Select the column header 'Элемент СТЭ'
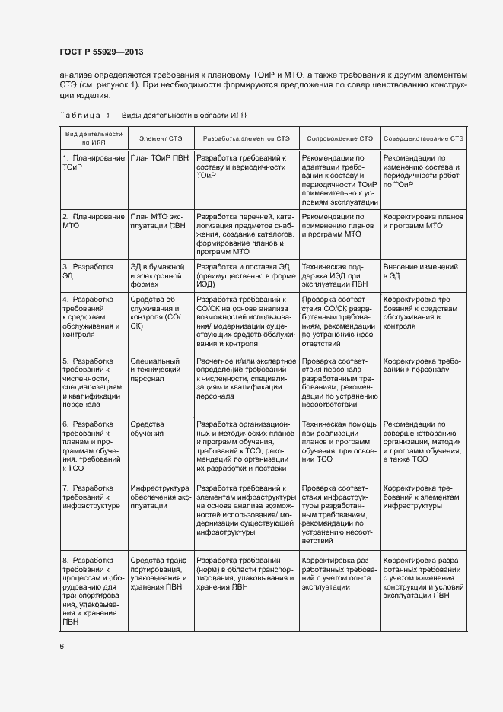(161, 138)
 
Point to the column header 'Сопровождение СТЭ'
(339, 138)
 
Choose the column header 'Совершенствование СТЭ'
(424, 138)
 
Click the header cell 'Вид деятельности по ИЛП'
(93, 138)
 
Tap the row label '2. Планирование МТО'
(93, 221)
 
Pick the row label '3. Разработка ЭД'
(88, 272)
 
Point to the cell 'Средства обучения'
(148, 428)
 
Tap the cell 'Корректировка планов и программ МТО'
(423, 221)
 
